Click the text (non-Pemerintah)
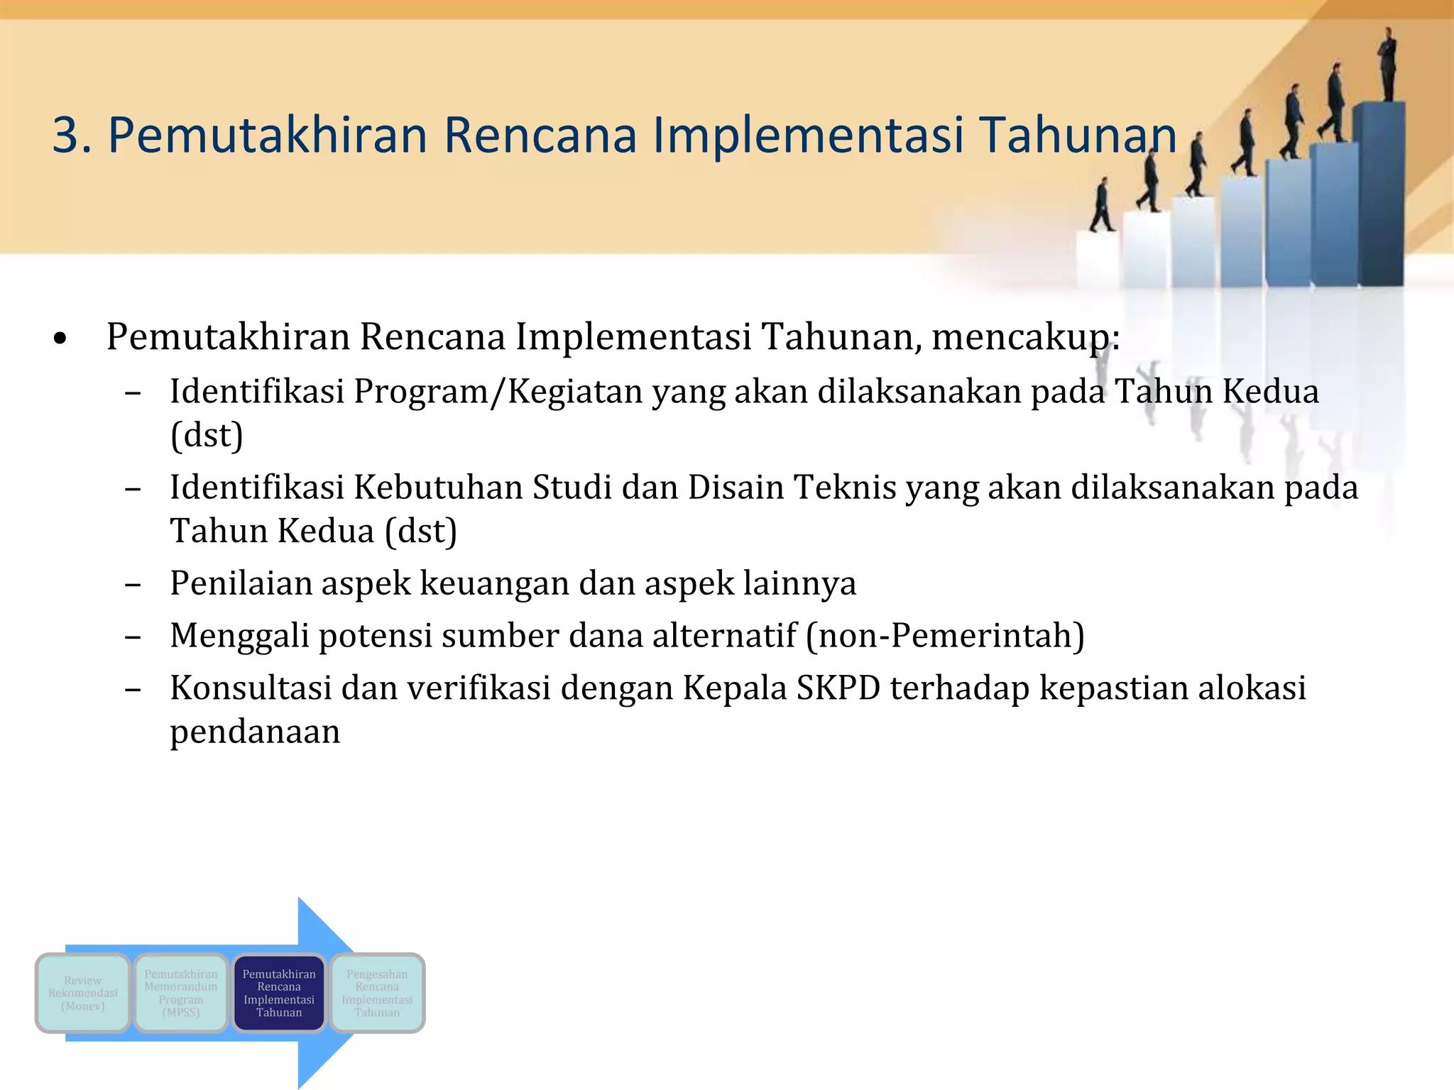(x=945, y=636)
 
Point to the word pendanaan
(x=255, y=732)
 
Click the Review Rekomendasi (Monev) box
(x=83, y=993)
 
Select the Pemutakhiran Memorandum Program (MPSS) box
(x=181, y=993)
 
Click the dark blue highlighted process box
(x=279, y=993)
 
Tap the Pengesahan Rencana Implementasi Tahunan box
(x=377, y=993)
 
